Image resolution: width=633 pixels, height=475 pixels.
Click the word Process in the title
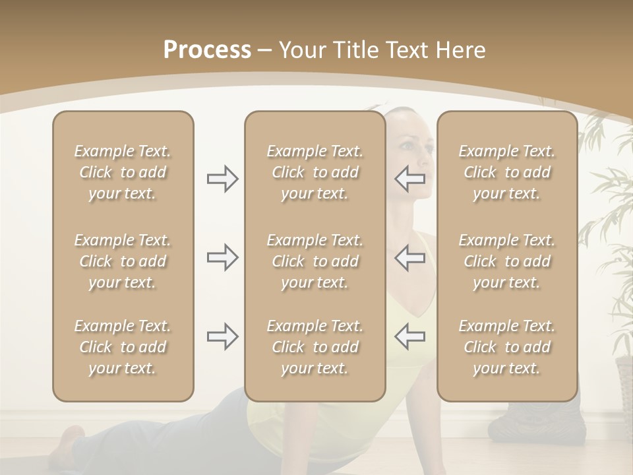(207, 50)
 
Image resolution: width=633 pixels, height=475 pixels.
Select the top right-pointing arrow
(223, 179)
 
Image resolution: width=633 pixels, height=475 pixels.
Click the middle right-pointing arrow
(223, 257)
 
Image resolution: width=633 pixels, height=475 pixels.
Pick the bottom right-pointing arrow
(223, 336)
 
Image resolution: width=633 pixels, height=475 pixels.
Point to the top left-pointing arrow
(410, 179)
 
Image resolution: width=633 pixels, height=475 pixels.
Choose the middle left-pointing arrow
(410, 257)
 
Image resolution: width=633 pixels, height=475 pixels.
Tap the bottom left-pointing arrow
(410, 336)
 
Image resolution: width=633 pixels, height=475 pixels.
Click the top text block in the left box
(123, 172)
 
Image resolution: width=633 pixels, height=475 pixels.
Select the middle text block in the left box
(123, 261)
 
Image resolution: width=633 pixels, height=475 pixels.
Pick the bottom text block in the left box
(123, 347)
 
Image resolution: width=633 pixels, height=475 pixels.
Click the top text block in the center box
(315, 172)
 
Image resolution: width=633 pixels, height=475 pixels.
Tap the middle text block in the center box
(315, 261)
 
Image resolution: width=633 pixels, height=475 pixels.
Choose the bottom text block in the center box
(315, 347)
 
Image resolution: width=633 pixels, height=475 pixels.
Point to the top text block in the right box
(506, 172)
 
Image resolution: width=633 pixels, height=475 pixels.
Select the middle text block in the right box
(506, 261)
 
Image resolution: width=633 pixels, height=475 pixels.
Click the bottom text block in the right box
(506, 347)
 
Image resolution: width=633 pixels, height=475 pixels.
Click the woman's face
(416, 158)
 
